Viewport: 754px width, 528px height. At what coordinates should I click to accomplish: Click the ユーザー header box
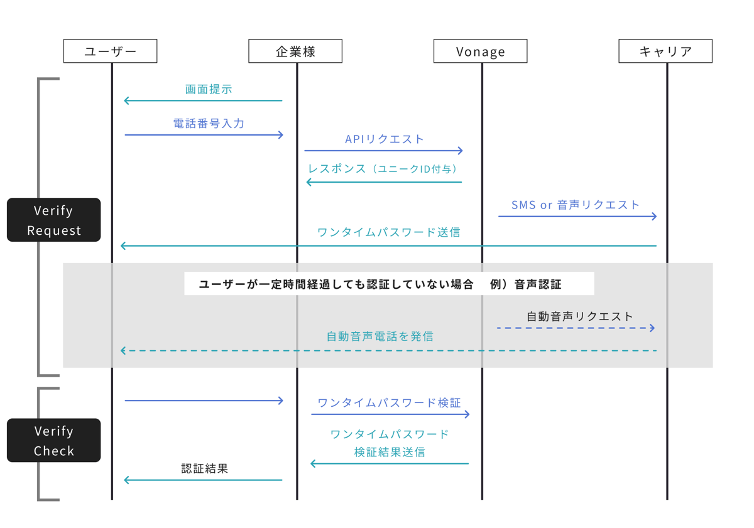(110, 51)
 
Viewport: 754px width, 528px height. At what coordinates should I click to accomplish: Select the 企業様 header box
(295, 51)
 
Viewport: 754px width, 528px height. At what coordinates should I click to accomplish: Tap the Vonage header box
(480, 51)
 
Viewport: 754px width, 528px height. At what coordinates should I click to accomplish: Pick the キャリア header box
(665, 51)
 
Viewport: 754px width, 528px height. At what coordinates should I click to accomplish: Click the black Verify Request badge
(53, 220)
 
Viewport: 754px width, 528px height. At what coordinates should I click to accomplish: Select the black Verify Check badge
(53, 440)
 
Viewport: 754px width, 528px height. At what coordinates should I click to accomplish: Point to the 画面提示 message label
(209, 89)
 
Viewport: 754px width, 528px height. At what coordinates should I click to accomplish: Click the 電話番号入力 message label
(209, 123)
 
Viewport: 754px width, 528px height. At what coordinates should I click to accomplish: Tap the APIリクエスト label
(385, 139)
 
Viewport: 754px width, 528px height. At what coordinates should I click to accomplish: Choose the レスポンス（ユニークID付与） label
(383, 169)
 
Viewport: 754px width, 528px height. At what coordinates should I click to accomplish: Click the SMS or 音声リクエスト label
(576, 205)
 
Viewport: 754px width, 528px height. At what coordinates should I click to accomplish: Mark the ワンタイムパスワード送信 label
(388, 232)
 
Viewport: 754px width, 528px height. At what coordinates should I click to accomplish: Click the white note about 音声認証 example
(389, 284)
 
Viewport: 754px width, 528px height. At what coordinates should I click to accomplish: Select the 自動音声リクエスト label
(579, 316)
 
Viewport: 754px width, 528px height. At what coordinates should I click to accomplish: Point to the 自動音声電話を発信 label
(380, 336)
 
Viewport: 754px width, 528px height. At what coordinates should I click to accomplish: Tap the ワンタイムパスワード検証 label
(389, 402)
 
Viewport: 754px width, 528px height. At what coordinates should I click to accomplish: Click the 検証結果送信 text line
(389, 451)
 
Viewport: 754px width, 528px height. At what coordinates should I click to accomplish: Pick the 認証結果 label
(204, 468)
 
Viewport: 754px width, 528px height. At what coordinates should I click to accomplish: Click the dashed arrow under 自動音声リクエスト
(576, 328)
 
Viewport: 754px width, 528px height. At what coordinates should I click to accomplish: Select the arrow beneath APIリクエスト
(383, 151)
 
